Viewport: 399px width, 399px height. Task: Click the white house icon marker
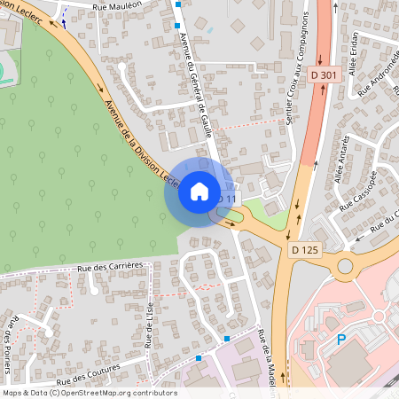199,192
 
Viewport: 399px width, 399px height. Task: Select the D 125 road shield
304,250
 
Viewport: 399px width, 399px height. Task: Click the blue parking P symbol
340,339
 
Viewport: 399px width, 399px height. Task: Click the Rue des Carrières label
110,265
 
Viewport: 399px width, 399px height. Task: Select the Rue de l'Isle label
148,324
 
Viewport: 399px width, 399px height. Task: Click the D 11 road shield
228,199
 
